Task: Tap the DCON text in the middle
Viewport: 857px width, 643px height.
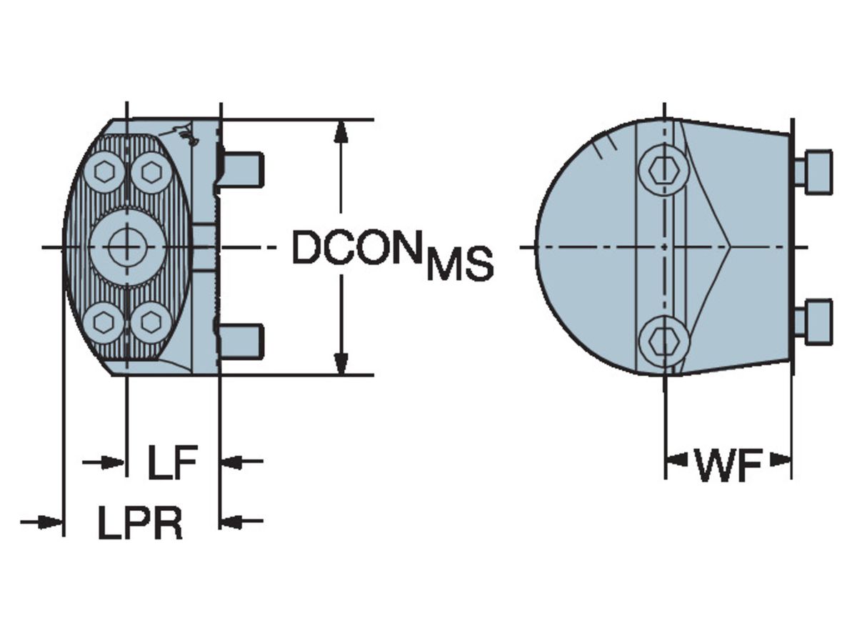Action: (x=356, y=248)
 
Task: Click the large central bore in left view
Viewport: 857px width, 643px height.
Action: (x=127, y=246)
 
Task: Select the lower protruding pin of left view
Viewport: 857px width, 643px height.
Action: (x=243, y=341)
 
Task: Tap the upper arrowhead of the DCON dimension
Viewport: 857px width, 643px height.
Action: (x=342, y=130)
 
